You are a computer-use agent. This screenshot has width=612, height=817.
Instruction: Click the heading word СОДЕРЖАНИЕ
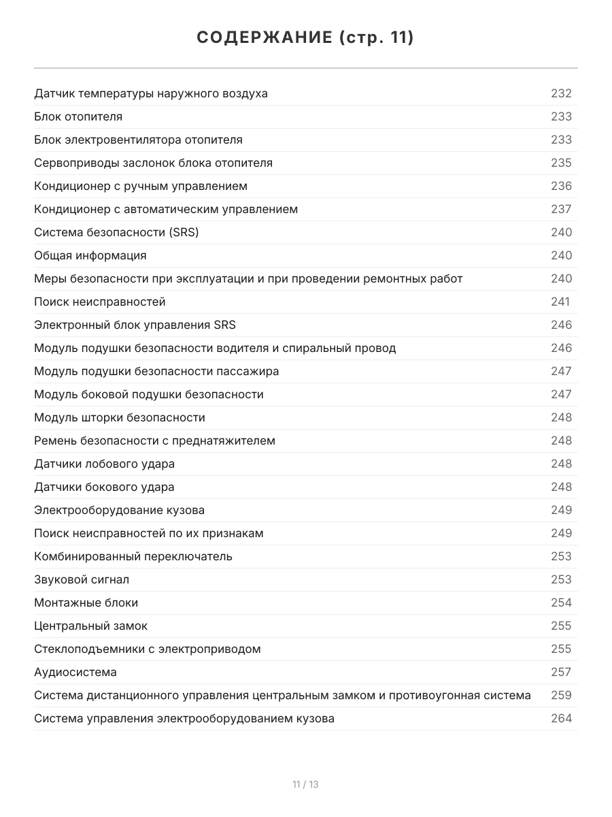265,37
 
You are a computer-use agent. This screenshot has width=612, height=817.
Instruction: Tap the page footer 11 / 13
305,784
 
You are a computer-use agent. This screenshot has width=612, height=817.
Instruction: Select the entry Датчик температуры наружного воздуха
151,93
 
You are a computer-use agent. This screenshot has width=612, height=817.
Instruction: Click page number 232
561,93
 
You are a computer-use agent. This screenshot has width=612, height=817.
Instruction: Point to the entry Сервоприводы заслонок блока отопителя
153,163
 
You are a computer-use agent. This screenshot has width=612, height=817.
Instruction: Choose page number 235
561,163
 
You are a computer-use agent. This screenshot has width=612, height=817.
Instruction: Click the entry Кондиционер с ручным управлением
141,186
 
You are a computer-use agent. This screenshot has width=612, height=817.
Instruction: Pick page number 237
561,209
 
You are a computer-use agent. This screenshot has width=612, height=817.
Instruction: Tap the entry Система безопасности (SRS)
116,232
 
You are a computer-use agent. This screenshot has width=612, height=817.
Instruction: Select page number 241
560,302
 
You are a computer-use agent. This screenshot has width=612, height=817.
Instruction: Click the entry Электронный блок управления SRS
135,325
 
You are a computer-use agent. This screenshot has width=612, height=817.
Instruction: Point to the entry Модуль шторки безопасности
120,417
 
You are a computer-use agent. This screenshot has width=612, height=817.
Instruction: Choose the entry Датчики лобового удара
104,464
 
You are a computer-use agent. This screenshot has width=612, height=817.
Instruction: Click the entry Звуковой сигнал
82,579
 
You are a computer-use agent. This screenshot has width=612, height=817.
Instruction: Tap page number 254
561,603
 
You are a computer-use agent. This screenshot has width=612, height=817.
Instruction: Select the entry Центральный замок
90,626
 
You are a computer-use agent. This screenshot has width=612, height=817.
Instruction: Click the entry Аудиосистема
75,672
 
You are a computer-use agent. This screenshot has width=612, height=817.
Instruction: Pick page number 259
561,695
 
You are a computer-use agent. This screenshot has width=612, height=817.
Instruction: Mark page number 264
561,718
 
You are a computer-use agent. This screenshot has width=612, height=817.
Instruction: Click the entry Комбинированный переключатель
133,556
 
